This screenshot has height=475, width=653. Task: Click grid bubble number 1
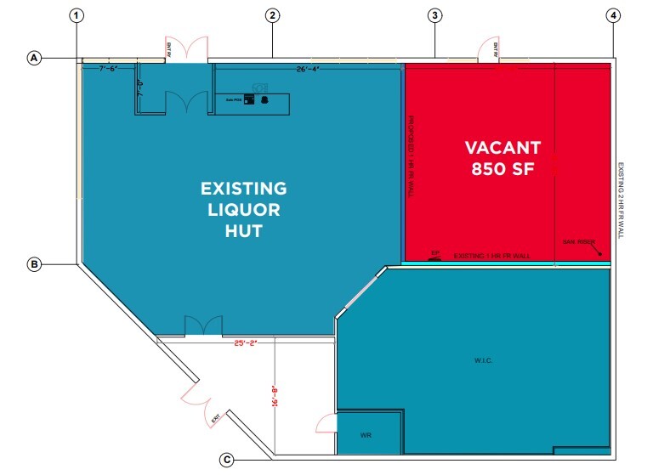78,15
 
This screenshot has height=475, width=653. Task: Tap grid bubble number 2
272,15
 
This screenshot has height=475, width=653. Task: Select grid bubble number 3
434,15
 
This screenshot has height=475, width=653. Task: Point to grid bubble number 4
612,15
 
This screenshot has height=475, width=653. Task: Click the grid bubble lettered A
35,58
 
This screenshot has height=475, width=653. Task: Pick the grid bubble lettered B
35,265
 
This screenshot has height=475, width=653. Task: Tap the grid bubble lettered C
227,460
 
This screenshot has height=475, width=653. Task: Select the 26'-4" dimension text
308,69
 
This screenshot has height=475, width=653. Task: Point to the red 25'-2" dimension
246,343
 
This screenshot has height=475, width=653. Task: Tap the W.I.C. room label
484,361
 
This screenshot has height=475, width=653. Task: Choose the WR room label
366,435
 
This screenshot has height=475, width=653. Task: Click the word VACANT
502,147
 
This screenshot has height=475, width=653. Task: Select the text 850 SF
502,168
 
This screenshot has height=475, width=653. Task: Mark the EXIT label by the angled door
215,419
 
